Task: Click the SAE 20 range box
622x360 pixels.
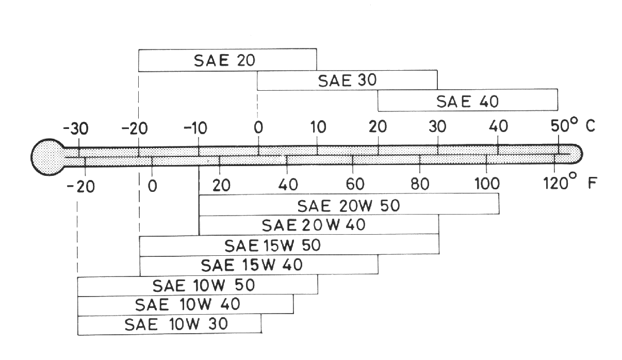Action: tap(227, 60)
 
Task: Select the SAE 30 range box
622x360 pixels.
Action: tap(347, 80)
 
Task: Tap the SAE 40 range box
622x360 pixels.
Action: tap(467, 100)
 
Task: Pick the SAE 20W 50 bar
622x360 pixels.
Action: tap(349, 205)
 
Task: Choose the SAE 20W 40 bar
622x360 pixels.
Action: tap(319, 225)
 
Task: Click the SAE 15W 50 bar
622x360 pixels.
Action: tap(289, 246)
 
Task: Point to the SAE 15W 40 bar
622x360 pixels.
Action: tap(259, 265)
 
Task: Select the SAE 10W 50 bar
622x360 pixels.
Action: tap(198, 285)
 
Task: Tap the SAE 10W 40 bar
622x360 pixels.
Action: tap(186, 305)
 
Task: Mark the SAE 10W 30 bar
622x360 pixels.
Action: tap(169, 325)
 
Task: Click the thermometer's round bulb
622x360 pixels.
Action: tap(47, 155)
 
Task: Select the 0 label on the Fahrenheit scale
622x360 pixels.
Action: tap(152, 185)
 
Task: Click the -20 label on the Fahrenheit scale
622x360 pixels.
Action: tap(81, 186)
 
